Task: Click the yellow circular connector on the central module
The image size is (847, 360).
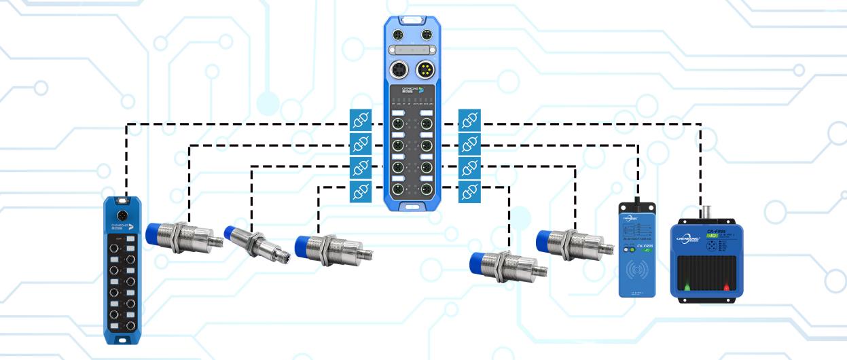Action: click(x=426, y=69)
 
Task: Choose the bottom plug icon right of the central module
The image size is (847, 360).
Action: click(x=469, y=192)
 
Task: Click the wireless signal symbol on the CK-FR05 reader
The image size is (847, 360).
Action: click(x=636, y=270)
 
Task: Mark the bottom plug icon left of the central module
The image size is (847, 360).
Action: click(x=360, y=192)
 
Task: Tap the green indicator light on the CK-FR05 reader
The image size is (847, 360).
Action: click(x=632, y=250)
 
